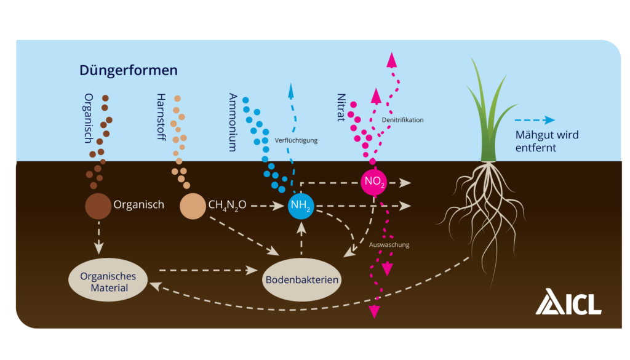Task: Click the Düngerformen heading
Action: pyautogui.click(x=128, y=70)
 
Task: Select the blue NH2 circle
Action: pyautogui.click(x=301, y=206)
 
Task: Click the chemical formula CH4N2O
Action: pyautogui.click(x=227, y=206)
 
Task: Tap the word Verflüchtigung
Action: pyautogui.click(x=296, y=140)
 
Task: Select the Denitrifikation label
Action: pyautogui.click(x=403, y=120)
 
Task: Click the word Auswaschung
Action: pyautogui.click(x=389, y=245)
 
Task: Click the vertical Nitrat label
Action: pyautogui.click(x=341, y=108)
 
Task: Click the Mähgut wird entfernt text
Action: pyautogui.click(x=537, y=142)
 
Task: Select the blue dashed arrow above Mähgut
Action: pyautogui.click(x=533, y=121)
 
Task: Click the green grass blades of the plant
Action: pyautogui.click(x=484, y=117)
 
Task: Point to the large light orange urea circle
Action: pyautogui.click(x=193, y=206)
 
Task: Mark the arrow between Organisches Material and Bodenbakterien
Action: pyautogui.click(x=207, y=270)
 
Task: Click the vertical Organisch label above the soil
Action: pyautogui.click(x=88, y=118)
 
